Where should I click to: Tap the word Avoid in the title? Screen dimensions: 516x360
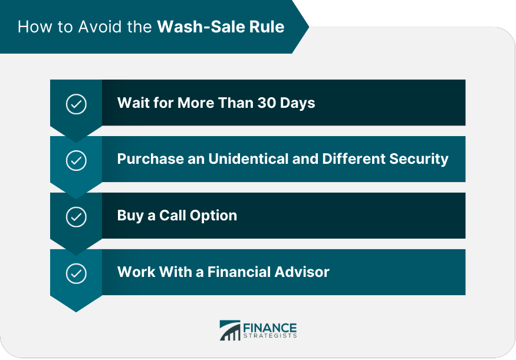(100, 27)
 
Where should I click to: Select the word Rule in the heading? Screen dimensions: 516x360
(267, 27)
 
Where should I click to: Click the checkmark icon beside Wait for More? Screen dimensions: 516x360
(76, 104)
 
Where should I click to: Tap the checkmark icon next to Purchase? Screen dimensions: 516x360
(76, 160)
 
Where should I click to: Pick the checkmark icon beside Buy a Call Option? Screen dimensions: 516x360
(76, 217)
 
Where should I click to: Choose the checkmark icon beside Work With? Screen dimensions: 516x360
(76, 273)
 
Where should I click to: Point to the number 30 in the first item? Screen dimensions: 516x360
(267, 103)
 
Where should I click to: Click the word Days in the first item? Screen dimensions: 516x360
(297, 103)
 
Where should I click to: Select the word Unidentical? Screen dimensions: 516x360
(248, 159)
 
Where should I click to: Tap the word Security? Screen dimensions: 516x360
(419, 160)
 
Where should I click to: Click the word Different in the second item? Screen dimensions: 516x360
(354, 159)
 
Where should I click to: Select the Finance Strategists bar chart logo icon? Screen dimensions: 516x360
(230, 331)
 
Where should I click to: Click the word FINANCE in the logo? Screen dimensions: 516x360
(270, 328)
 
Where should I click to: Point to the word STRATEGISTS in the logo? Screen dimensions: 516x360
(270, 336)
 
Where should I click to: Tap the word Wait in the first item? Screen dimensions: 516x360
(133, 103)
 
